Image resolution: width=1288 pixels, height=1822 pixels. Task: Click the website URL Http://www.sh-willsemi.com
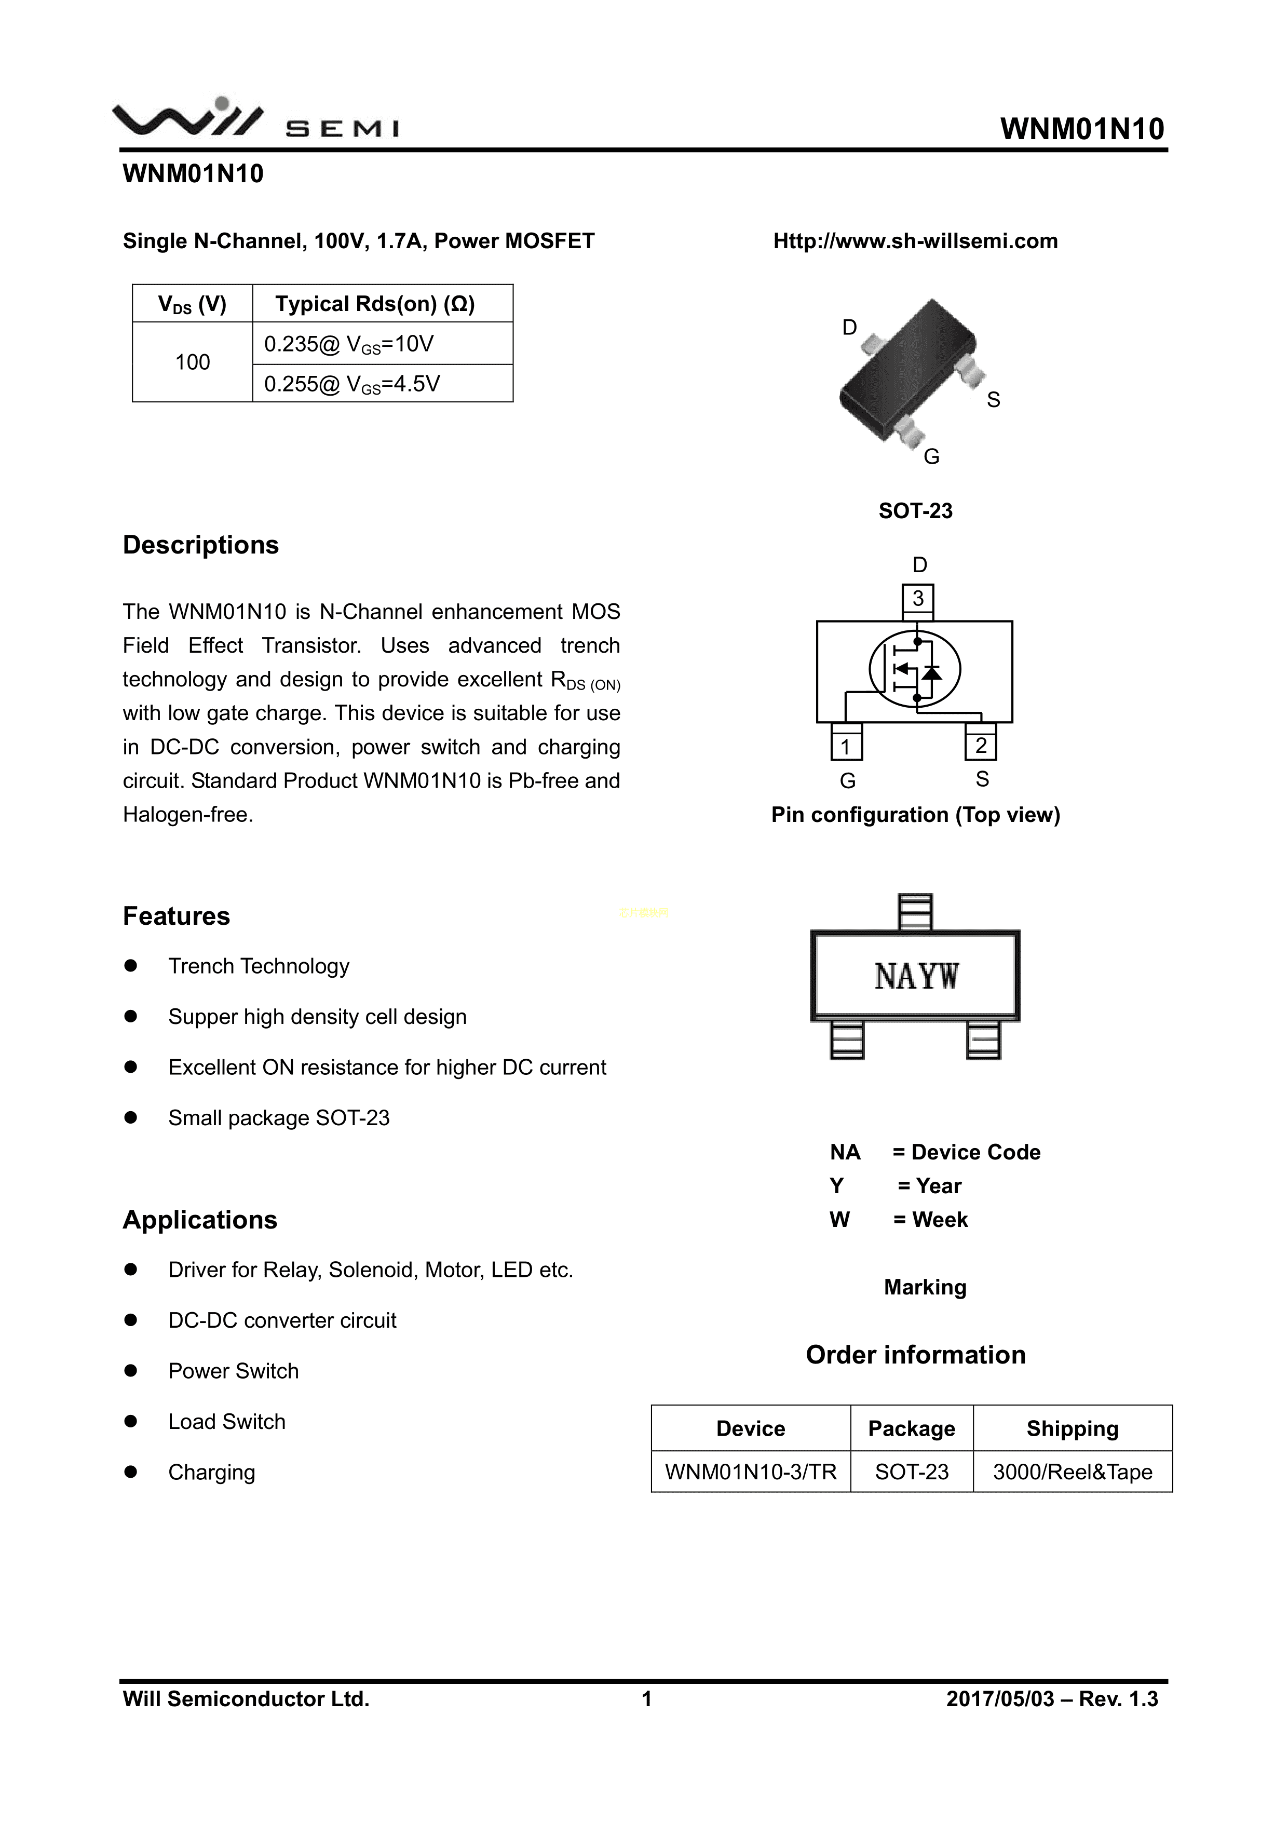click(x=915, y=241)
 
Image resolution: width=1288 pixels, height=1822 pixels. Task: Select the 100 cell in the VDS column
click(x=192, y=362)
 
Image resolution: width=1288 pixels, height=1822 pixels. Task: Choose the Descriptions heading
click(x=201, y=545)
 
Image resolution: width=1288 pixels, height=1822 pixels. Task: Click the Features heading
click(x=176, y=916)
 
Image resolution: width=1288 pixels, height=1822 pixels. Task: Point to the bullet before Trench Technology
click(x=131, y=966)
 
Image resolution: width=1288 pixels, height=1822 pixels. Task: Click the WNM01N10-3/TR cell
click(x=751, y=1472)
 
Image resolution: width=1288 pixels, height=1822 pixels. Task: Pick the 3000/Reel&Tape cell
click(x=1072, y=1472)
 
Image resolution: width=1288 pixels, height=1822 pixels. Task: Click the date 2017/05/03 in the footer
click(x=1000, y=1699)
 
